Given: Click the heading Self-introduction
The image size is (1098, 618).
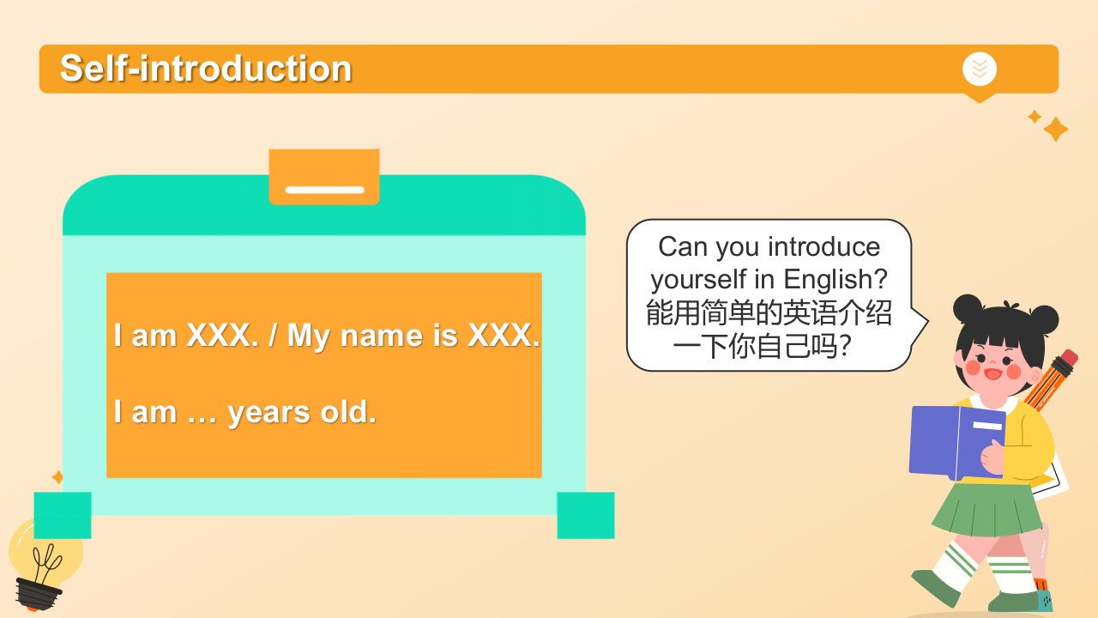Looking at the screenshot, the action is (x=206, y=68).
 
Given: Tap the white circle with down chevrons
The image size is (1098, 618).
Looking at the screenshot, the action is (x=980, y=69).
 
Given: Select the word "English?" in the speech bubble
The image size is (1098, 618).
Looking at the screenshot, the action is (x=836, y=280).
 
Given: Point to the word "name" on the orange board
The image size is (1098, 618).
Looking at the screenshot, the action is (x=382, y=336).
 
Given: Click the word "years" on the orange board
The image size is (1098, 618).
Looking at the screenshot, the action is (x=269, y=413).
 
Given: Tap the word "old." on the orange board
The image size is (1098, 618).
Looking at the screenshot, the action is (x=348, y=411).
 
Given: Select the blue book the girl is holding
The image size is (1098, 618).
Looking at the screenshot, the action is (x=956, y=442).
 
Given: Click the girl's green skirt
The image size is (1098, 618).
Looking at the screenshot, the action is (x=986, y=509).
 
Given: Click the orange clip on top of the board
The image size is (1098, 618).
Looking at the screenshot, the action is (x=324, y=177).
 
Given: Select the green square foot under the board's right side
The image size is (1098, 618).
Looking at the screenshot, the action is (x=586, y=516).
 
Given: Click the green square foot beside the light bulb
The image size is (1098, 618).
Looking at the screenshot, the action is (x=63, y=516).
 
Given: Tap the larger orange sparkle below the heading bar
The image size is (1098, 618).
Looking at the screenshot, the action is (x=1055, y=130).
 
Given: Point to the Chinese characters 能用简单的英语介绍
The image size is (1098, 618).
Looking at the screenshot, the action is (x=768, y=313).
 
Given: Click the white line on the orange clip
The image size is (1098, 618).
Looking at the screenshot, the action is (x=325, y=190).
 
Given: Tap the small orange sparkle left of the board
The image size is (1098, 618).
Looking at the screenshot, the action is (x=57, y=476).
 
